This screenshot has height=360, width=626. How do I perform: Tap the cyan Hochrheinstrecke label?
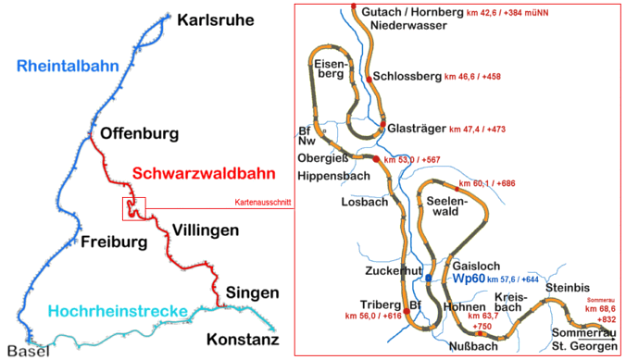tap(120, 311)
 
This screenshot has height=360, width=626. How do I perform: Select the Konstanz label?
tap(242, 340)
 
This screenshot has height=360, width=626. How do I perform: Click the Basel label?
tap(23, 351)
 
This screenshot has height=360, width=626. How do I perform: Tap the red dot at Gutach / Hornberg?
tap(355, 9)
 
